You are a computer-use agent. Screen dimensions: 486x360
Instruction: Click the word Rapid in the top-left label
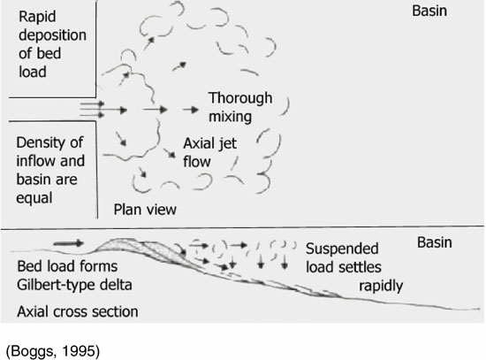click(x=37, y=17)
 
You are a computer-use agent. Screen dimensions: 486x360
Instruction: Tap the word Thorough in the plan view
click(x=240, y=98)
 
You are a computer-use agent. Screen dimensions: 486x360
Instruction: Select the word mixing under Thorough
click(x=230, y=117)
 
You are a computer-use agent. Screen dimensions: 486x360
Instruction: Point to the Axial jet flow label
click(x=209, y=152)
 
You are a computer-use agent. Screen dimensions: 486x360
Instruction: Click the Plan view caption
click(x=145, y=210)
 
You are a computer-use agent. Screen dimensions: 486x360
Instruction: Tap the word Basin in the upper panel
click(x=429, y=11)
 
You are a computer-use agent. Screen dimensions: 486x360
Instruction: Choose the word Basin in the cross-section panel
click(x=434, y=242)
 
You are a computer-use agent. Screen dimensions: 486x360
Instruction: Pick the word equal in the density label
click(x=34, y=199)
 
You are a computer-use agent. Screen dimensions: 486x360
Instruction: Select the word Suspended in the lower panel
click(x=342, y=249)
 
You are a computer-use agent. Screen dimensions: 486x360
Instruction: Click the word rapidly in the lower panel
click(x=381, y=286)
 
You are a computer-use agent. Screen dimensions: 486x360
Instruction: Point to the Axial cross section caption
click(x=78, y=311)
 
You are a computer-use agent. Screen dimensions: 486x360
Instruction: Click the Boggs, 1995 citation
click(x=53, y=351)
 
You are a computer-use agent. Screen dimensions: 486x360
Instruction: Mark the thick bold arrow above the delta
click(x=69, y=243)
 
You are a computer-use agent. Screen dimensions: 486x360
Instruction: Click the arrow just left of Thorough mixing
click(x=191, y=110)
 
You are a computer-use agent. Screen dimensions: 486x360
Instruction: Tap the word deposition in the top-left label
click(x=52, y=35)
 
